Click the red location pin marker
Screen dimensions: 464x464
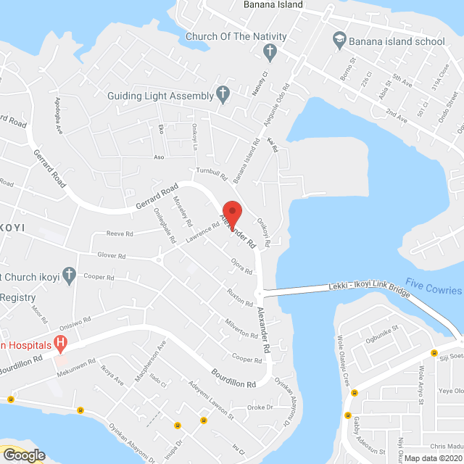(x=231, y=207)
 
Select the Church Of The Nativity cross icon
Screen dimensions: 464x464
(x=270, y=51)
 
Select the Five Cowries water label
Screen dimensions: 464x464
(x=434, y=289)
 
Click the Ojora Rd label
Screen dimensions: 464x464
(x=241, y=266)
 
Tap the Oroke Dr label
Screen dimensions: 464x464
(x=258, y=407)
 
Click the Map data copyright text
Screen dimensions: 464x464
(x=431, y=457)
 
